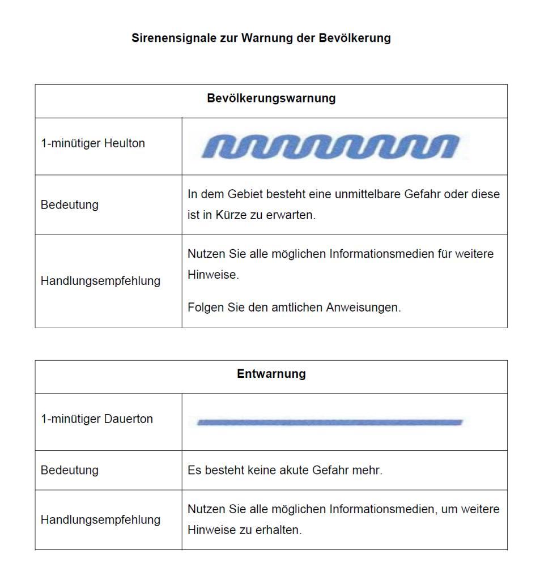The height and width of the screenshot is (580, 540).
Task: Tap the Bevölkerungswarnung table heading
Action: click(x=271, y=99)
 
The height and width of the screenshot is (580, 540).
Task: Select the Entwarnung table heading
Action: click(x=271, y=374)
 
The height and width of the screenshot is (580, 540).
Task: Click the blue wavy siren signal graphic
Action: click(x=331, y=147)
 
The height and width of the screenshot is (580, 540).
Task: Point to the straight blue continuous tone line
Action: click(x=330, y=422)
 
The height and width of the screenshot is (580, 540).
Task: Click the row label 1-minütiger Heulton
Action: click(x=92, y=144)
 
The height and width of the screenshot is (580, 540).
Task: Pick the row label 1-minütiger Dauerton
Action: click(x=96, y=419)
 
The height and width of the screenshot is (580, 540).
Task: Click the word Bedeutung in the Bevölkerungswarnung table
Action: click(x=69, y=205)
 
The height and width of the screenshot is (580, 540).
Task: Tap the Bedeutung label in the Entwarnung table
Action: click(x=69, y=470)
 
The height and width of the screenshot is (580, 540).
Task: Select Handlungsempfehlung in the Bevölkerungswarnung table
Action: click(x=100, y=281)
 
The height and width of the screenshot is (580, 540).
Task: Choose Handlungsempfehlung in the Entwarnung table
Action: click(x=100, y=520)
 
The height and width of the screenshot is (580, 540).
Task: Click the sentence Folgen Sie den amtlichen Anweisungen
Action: click(x=294, y=308)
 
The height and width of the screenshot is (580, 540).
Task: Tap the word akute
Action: click(x=293, y=470)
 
